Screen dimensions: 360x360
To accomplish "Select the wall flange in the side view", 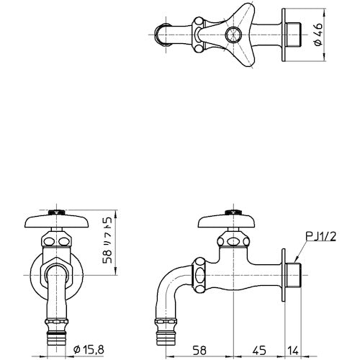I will click(x=287, y=274).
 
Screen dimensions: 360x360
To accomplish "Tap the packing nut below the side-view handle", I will click(x=230, y=241).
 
